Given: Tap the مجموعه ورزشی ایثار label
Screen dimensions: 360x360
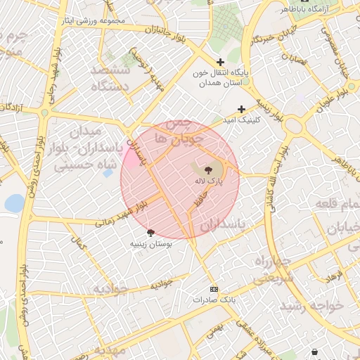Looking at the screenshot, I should pos(92,20).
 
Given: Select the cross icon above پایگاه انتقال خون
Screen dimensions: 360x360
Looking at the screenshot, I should pos(221,62).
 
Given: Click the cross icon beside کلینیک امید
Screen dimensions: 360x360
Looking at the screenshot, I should pos(242,109).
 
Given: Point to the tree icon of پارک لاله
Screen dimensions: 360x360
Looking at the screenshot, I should pos(208,169).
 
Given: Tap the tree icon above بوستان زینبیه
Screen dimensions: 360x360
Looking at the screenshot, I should pos(150,232).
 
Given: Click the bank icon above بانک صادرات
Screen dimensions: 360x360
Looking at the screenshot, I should pos(214,289).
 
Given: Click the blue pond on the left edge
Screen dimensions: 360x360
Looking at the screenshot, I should pos(14,203).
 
